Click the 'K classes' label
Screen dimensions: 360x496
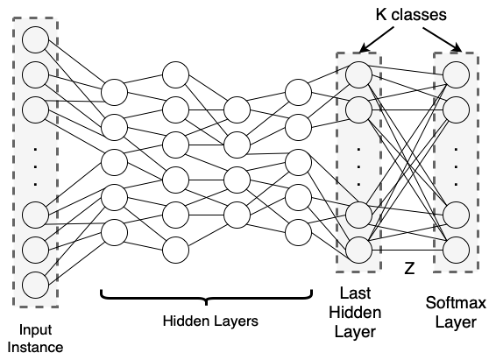tap(411, 15)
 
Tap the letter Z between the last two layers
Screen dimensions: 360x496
tap(409, 268)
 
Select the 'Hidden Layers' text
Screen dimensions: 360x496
tap(210, 321)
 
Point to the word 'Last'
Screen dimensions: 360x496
tap(355, 293)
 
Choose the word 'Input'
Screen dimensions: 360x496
tap(35, 330)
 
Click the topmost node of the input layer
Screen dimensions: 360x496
tap(35, 40)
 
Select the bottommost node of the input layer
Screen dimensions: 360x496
tap(35, 285)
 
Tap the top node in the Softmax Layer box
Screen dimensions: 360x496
tap(456, 75)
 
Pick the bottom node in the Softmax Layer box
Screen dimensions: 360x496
tap(456, 250)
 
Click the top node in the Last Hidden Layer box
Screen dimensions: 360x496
tap(359, 75)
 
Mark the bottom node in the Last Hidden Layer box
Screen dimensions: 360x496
tap(359, 250)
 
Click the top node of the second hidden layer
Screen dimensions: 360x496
tap(176, 75)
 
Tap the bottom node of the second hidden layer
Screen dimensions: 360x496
tap(176, 250)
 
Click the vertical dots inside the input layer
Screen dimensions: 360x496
tap(35, 167)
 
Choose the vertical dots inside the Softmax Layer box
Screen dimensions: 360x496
tap(456, 167)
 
